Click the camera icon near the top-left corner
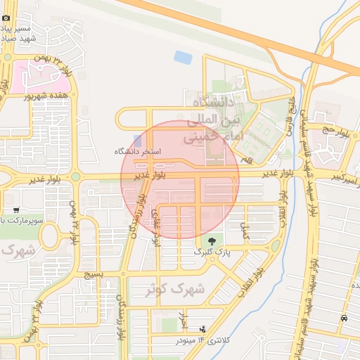point(6,18)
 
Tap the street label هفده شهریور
point(48,96)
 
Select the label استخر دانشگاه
point(138,151)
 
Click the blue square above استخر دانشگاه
point(136,139)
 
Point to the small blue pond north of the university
point(183,57)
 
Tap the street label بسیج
point(94,274)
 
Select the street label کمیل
point(245,233)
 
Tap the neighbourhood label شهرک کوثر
point(176,289)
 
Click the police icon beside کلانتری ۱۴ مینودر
point(204,328)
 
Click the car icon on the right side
point(343,318)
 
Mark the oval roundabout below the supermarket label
point(50,237)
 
